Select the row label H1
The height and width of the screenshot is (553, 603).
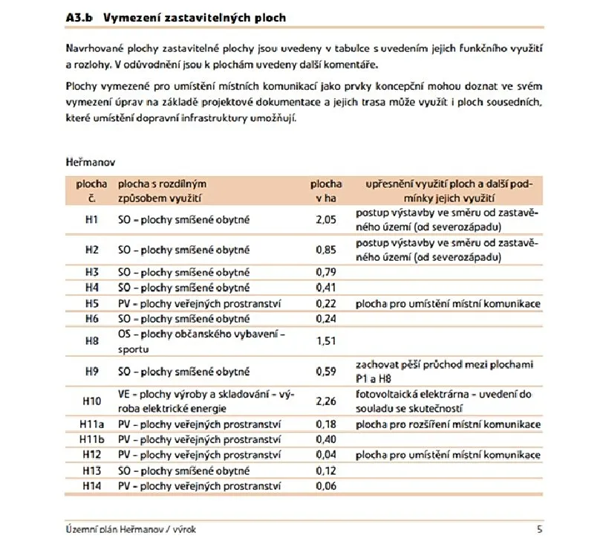point(91,220)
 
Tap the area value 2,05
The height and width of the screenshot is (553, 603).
point(326,220)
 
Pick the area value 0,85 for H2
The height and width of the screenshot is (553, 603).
point(326,250)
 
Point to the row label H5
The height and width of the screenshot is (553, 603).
point(91,303)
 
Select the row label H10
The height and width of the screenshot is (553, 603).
point(91,401)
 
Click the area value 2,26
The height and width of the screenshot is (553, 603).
point(326,401)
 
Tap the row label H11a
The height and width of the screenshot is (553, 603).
point(91,424)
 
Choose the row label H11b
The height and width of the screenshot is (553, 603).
point(91,439)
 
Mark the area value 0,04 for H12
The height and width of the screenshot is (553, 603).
point(326,455)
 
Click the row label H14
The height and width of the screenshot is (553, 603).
point(91,486)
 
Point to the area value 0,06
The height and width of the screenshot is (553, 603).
point(326,486)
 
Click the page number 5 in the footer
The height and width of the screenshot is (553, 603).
point(539,529)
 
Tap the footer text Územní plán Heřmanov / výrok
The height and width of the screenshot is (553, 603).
point(131,529)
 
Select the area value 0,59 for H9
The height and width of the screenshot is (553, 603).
point(326,371)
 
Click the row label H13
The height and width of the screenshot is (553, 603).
point(91,470)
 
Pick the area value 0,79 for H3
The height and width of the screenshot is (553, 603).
point(326,272)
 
